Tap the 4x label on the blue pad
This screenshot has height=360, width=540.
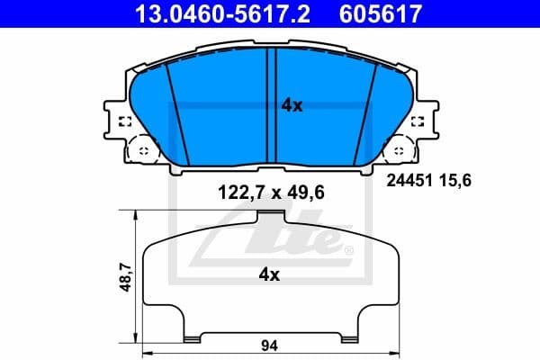click(292, 105)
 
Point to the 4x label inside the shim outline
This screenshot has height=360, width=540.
click(269, 274)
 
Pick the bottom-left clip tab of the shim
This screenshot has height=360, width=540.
click(190, 338)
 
